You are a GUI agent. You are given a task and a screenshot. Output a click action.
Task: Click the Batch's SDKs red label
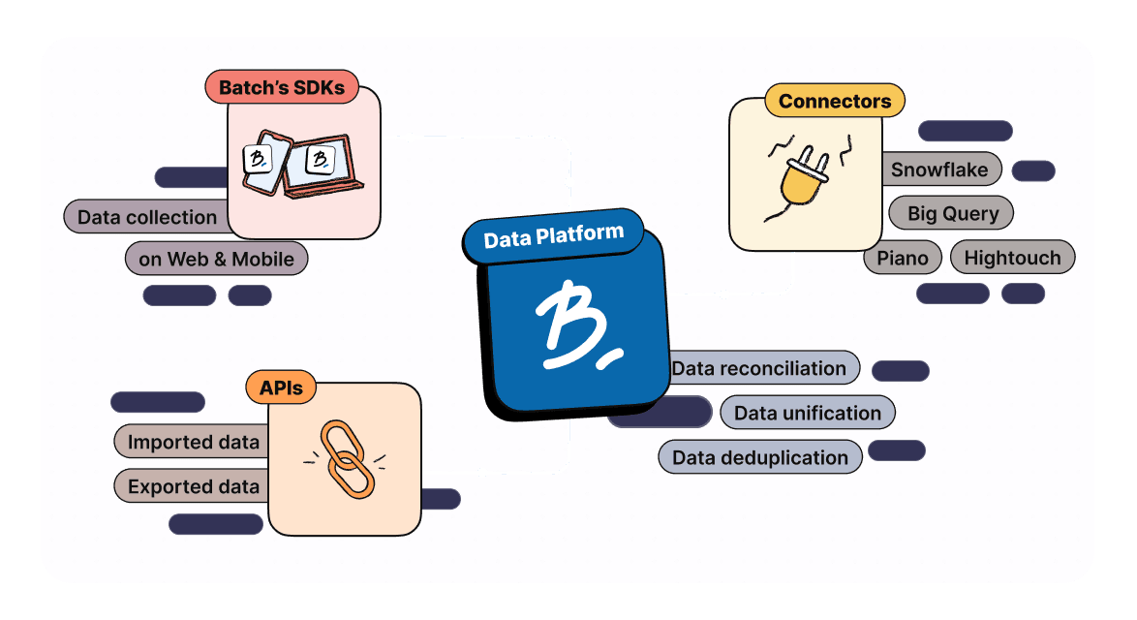point(281,88)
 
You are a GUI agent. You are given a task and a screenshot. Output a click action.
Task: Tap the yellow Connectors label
point(834,101)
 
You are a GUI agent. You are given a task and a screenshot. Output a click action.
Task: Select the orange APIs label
point(280,388)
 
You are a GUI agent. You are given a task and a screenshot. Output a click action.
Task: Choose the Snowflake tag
point(939,170)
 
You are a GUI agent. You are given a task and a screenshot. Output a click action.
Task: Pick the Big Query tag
point(951,213)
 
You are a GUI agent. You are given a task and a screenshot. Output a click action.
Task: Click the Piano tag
point(902,258)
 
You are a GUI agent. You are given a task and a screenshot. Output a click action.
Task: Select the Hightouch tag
point(1012,258)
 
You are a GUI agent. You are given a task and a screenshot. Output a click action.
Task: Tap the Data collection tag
point(146,217)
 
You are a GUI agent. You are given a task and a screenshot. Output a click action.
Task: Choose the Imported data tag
point(193,443)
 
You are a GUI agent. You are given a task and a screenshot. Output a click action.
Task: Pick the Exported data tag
point(193,486)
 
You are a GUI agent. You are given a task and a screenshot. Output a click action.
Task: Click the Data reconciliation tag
point(759,368)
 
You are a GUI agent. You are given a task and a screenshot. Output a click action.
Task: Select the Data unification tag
point(807,413)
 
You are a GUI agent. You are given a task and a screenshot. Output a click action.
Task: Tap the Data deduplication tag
point(759,457)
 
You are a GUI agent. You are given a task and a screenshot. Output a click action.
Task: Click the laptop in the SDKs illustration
point(327,165)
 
